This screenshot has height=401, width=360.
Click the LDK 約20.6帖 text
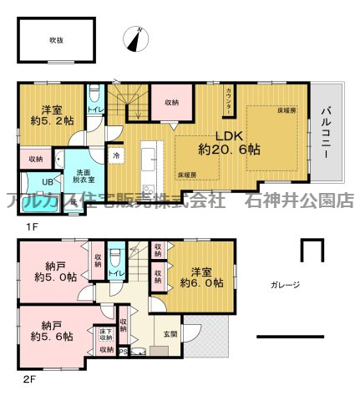coord(228,143)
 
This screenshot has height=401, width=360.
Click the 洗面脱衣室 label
coord(81,172)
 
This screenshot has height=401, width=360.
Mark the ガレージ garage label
coord(285,285)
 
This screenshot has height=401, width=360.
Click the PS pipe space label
coord(125,352)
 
